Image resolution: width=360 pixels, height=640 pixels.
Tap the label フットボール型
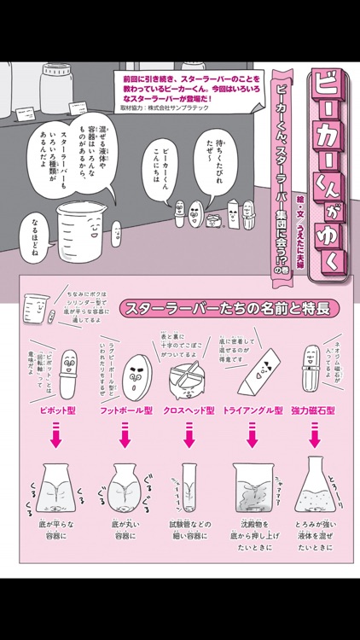click(125, 410)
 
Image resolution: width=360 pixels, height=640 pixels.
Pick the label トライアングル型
click(253, 410)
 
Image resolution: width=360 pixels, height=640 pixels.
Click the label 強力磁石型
click(313, 410)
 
